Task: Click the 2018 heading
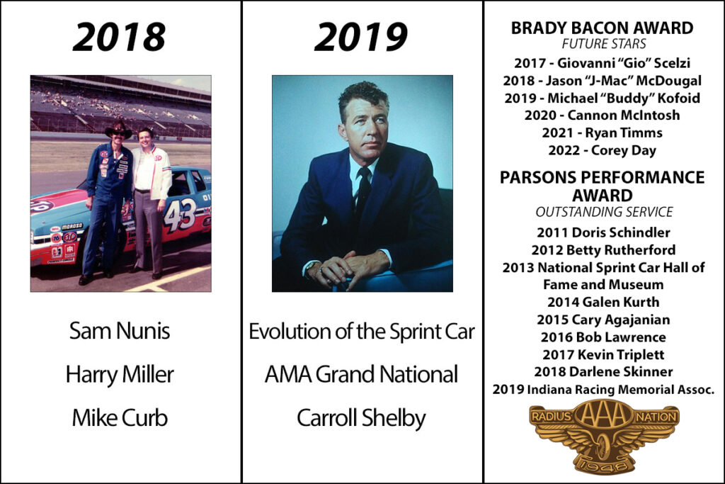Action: click(x=119, y=37)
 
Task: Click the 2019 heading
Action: click(x=361, y=37)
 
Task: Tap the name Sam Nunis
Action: click(x=120, y=331)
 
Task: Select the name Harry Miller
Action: click(x=120, y=374)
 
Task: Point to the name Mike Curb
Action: click(x=120, y=418)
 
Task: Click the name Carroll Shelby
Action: click(x=361, y=418)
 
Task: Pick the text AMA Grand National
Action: click(x=361, y=374)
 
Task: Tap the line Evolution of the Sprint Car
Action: click(x=362, y=332)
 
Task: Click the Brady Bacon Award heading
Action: click(x=602, y=28)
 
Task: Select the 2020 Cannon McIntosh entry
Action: click(x=602, y=115)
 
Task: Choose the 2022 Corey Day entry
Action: click(x=602, y=150)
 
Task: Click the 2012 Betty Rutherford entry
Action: click(x=603, y=250)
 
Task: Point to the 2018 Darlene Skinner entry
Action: click(x=603, y=371)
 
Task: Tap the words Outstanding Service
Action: click(x=604, y=212)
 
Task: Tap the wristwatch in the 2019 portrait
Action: click(x=311, y=267)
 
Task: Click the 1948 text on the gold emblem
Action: click(x=603, y=465)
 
